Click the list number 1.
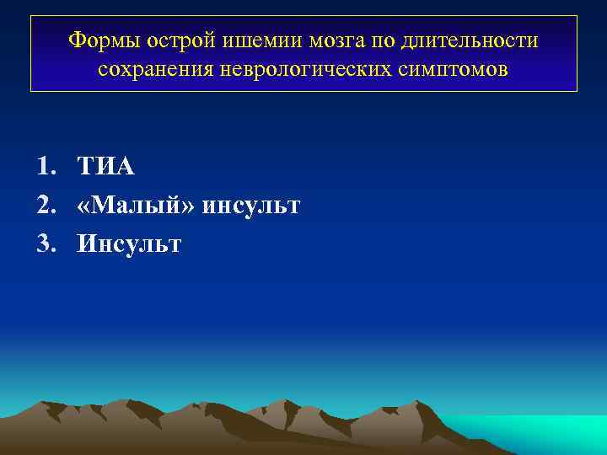45,167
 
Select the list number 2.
45,206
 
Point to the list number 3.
45,244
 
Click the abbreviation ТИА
106,167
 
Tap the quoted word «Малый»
135,206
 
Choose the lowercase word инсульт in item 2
250,206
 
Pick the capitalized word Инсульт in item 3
129,244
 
